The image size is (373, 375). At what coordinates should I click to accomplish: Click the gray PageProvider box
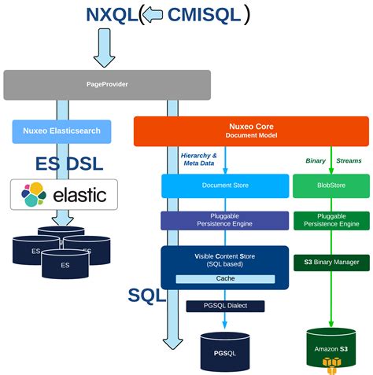[x=107, y=85]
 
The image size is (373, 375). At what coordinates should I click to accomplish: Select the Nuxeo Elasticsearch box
[x=61, y=131]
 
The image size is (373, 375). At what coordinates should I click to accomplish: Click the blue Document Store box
[x=224, y=186]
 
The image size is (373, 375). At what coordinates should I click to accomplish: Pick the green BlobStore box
[x=331, y=186]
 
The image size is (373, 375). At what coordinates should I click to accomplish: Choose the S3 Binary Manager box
[x=331, y=262]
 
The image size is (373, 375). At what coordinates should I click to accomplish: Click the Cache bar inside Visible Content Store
[x=224, y=279]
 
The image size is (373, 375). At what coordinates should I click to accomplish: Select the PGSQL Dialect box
[x=225, y=306]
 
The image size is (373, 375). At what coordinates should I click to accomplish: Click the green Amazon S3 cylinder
[x=331, y=348]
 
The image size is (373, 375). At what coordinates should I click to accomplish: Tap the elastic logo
[x=64, y=194]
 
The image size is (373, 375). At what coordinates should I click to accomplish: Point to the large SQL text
[x=147, y=296]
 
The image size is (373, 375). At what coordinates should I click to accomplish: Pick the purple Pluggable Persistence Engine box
[x=224, y=220]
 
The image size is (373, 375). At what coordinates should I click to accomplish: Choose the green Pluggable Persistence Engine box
[x=331, y=220]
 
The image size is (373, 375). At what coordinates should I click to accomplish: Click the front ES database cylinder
[x=65, y=264]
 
